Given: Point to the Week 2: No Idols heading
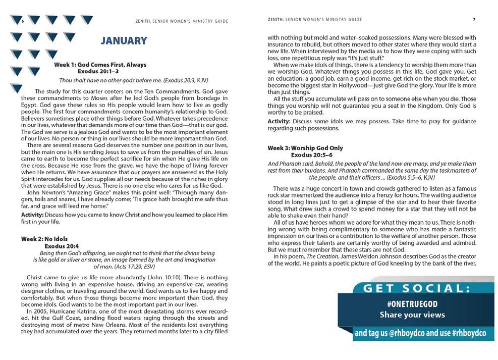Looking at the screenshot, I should click(x=44, y=238).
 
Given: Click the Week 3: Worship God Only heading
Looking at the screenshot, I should click(x=305, y=148).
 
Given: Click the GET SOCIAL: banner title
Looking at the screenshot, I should click(x=417, y=289).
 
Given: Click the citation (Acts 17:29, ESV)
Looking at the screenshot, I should click(x=124, y=266).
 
